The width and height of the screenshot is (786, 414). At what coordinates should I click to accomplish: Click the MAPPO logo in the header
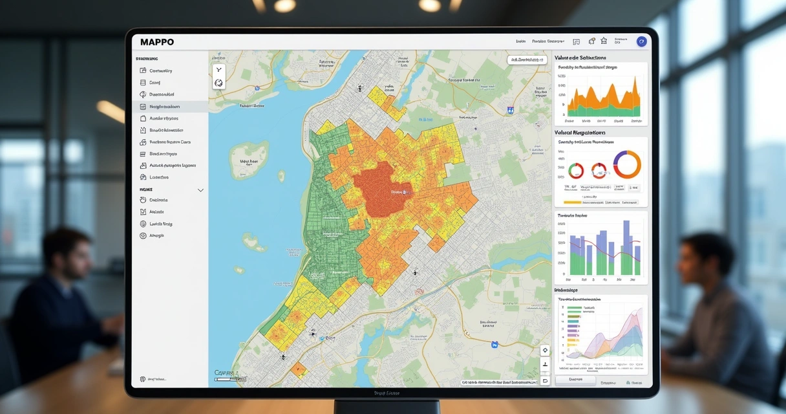(156, 42)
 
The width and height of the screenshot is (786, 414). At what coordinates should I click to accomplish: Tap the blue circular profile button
(641, 41)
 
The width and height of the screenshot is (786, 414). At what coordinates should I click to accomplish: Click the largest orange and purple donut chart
(626, 164)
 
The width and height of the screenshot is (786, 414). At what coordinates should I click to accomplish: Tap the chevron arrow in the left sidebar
(200, 190)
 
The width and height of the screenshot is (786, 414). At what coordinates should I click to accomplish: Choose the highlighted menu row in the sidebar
(170, 107)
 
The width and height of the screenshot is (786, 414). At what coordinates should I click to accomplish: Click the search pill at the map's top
(526, 60)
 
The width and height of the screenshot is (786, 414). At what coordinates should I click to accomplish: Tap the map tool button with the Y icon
(218, 70)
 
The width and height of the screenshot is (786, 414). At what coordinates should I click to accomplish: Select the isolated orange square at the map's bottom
(298, 370)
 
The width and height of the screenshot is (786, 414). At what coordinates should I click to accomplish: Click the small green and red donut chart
(575, 171)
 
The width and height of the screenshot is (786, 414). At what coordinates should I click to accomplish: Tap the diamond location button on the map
(545, 351)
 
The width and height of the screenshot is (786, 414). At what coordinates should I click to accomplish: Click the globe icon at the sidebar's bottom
(142, 379)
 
